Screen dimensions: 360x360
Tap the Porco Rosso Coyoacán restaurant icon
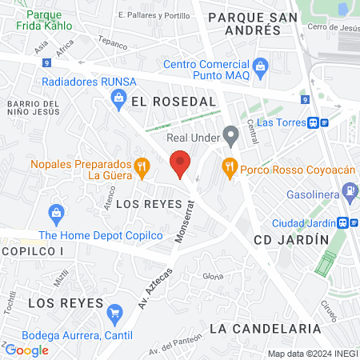[x=230, y=168]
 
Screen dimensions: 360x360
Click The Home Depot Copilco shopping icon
[x=56, y=214]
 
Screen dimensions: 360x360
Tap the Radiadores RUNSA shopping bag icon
[x=118, y=97]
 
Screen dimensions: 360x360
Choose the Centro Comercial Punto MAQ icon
[x=260, y=65]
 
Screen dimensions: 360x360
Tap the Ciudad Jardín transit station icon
[x=343, y=222]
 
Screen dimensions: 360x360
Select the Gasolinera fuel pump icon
[x=350, y=190]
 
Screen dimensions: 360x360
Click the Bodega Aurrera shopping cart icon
[x=115, y=312]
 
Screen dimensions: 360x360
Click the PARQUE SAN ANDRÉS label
[x=244, y=22]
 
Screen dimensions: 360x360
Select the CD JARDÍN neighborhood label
[x=291, y=240]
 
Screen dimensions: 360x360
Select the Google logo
[x=26, y=350]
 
